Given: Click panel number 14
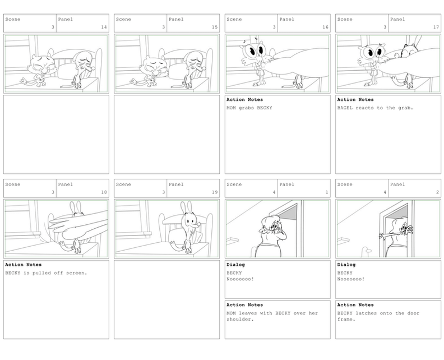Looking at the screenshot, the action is pos(104,27).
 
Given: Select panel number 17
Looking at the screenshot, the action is pos(436,27).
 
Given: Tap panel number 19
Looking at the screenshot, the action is pos(215,192).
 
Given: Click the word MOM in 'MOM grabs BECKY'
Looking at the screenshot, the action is pos(231,108).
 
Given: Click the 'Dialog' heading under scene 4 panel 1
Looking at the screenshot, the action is pos(235,265).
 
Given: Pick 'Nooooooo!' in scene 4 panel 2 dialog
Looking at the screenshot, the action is pos(351,279).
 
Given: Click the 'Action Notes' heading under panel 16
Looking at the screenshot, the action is pos(244,100).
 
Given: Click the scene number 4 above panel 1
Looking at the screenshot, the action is pos(274,192).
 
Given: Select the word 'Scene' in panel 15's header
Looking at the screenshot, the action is pos(123,20).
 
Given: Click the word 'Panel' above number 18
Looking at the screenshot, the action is pos(66,184).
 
